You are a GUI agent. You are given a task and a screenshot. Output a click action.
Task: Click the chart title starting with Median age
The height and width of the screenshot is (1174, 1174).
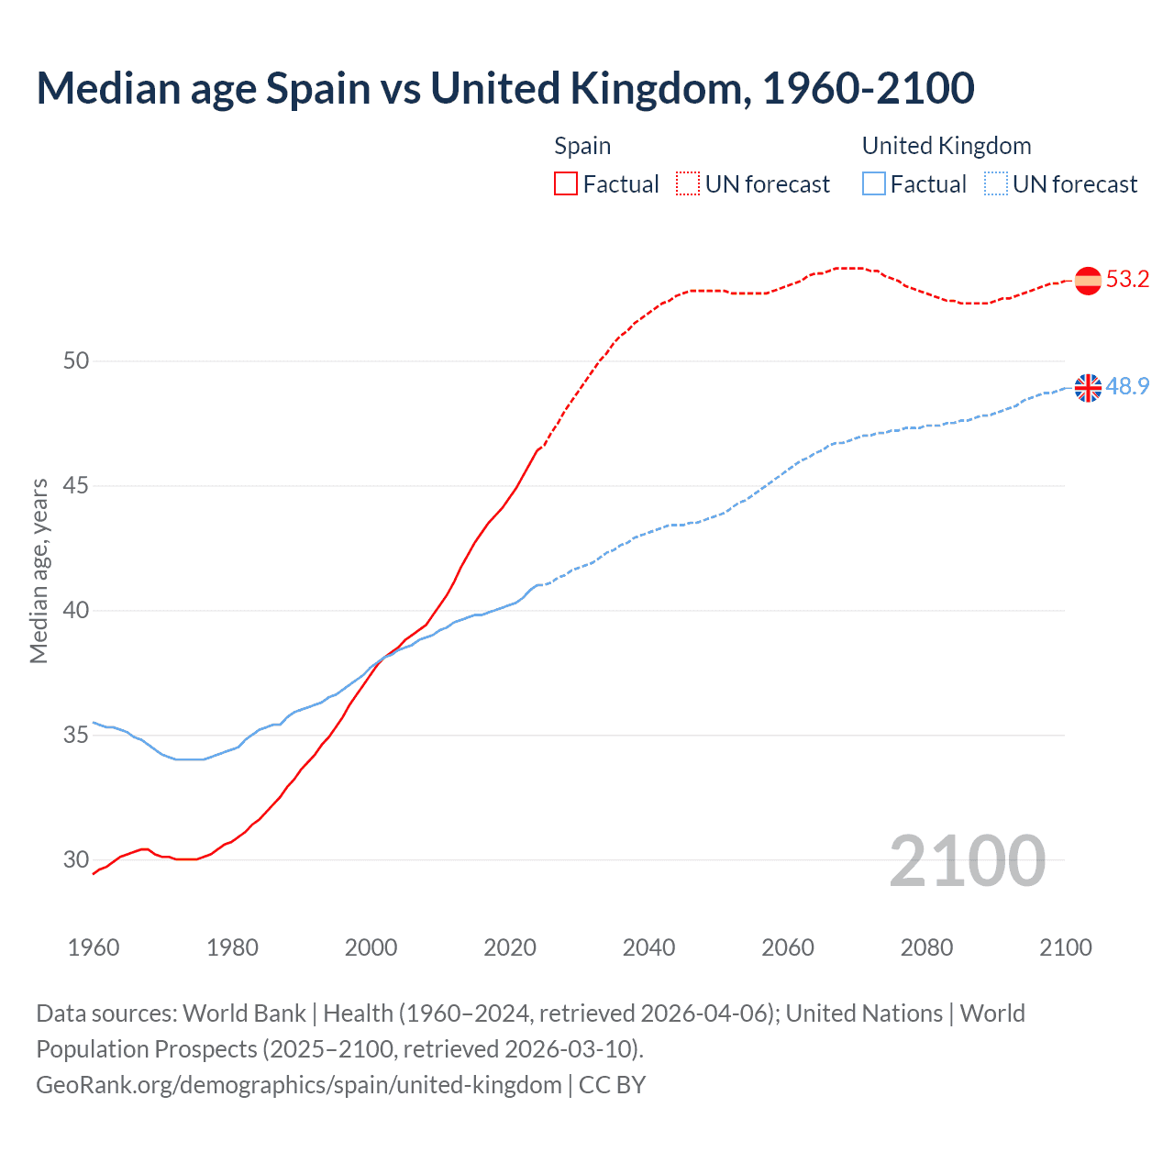click(504, 88)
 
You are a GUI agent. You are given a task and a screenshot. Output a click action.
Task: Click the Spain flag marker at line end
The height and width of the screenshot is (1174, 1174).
click(1088, 280)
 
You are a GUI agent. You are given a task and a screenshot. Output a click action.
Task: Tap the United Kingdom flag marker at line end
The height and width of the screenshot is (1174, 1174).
click(1088, 387)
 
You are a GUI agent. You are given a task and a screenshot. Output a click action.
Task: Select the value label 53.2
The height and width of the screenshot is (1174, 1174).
click(1127, 280)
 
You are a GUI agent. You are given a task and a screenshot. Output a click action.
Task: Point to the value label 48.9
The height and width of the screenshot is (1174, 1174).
click(1127, 386)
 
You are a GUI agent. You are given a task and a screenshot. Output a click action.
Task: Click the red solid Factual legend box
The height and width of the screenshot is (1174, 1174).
click(566, 184)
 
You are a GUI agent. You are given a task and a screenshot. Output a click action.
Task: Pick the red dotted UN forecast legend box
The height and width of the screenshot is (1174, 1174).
click(688, 184)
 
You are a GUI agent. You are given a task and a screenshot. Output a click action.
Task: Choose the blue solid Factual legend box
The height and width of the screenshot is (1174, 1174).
click(874, 184)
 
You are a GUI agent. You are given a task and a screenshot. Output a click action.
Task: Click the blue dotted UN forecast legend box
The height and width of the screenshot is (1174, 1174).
click(995, 184)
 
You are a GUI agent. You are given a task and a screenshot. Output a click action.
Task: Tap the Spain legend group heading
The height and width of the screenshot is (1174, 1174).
click(582, 146)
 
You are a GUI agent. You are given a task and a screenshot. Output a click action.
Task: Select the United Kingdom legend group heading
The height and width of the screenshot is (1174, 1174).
click(947, 146)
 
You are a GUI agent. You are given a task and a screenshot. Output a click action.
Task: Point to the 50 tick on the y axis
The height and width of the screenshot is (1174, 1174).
click(76, 360)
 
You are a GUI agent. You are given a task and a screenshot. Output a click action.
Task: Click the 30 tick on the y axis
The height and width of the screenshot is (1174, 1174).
click(76, 859)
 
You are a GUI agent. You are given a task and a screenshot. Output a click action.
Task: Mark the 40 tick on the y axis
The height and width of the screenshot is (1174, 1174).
click(76, 610)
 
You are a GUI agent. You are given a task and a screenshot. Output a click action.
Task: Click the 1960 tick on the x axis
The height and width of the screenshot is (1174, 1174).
click(94, 947)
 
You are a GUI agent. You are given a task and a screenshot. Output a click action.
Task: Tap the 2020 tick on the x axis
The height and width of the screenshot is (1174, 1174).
click(510, 947)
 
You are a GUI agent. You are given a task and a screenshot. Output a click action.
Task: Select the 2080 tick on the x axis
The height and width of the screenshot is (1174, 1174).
click(926, 947)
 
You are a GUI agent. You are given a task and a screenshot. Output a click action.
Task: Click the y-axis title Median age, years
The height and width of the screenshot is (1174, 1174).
click(39, 570)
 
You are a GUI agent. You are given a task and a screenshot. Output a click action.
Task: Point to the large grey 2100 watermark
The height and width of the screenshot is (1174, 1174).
click(967, 860)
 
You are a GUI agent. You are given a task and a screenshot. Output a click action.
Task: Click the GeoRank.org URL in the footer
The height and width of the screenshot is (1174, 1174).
click(299, 1085)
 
